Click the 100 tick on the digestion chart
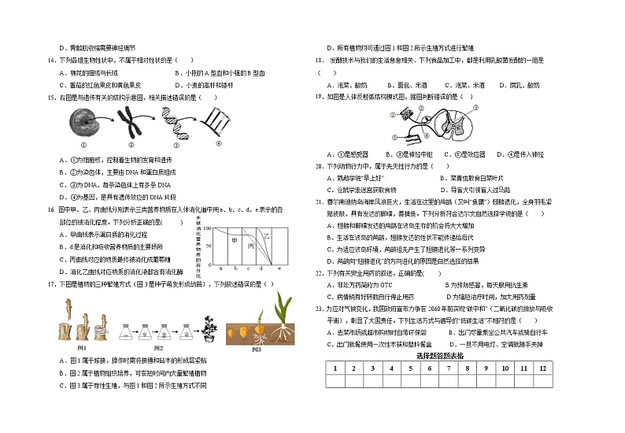(216, 230)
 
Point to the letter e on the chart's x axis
(279, 268)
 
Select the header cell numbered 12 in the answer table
(541, 368)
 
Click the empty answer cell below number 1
(335, 381)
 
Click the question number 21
(320, 202)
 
